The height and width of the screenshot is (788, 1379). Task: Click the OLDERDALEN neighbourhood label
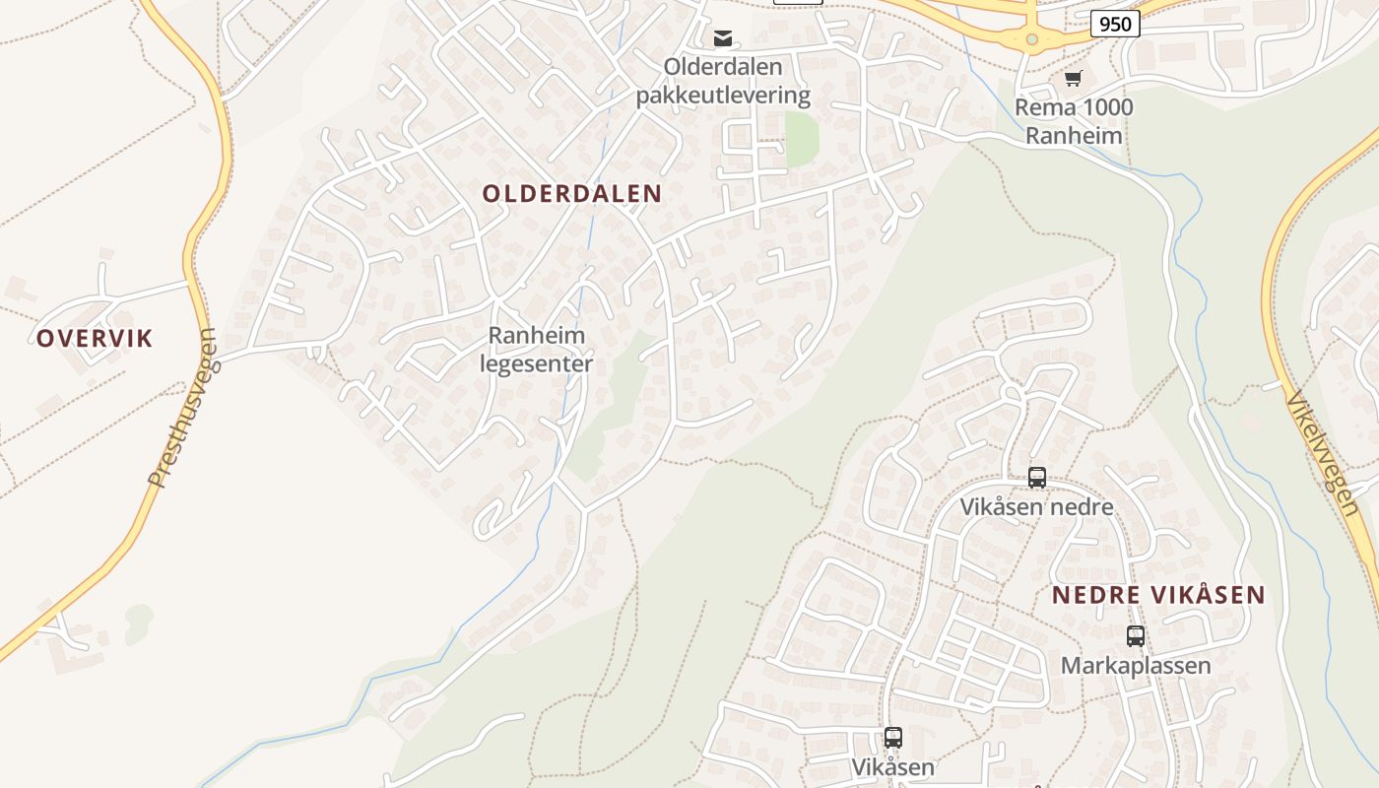click(571, 194)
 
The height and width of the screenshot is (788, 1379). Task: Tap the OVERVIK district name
click(95, 339)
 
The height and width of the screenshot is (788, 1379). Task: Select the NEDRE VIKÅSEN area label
click(1158, 595)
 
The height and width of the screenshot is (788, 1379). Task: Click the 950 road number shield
click(1115, 24)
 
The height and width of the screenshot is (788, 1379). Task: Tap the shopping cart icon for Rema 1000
click(1073, 78)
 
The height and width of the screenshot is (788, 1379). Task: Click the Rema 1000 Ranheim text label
click(1074, 121)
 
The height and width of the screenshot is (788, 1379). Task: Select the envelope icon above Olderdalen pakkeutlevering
click(723, 38)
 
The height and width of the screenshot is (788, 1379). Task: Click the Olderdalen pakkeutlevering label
click(723, 81)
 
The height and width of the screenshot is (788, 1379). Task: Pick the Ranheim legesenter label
click(537, 350)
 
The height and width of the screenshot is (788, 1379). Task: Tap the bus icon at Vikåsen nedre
click(1037, 478)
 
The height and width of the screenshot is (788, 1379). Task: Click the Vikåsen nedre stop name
click(1037, 507)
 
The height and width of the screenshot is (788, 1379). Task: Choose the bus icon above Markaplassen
click(1136, 636)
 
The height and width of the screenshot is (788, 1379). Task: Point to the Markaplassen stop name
click(1136, 666)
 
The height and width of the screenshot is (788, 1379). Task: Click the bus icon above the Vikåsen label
click(893, 738)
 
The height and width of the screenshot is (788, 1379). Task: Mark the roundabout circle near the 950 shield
click(1032, 39)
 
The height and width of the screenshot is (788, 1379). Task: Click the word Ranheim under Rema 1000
click(1074, 135)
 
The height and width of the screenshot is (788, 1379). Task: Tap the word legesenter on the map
click(537, 363)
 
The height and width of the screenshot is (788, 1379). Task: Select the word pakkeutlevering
click(723, 96)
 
